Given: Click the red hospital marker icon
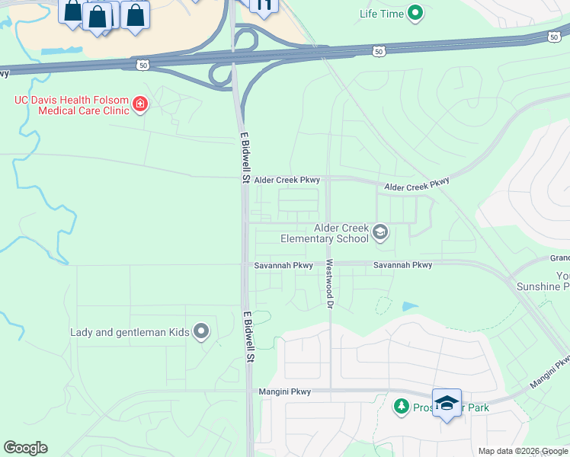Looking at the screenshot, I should click(x=140, y=104).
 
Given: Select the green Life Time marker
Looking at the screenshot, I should click(x=415, y=12).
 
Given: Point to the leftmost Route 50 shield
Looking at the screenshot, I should click(x=142, y=65).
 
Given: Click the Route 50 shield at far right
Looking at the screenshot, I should click(x=554, y=36).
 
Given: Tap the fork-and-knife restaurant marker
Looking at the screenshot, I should click(x=264, y=6).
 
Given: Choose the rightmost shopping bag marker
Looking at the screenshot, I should click(x=135, y=14).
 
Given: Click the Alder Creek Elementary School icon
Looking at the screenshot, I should click(x=381, y=232).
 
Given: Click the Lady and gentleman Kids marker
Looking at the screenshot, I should click(x=201, y=331).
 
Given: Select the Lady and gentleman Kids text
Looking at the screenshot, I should click(x=130, y=332).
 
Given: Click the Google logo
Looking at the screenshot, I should click(x=25, y=448).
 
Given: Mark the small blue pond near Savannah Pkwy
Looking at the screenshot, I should click(x=410, y=306).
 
